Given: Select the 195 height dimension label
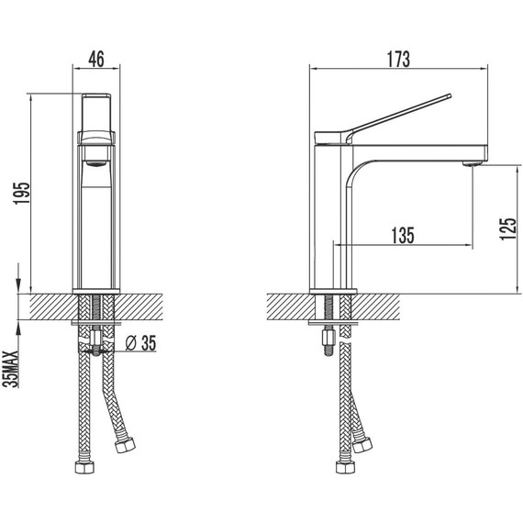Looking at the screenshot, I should pos(23,195).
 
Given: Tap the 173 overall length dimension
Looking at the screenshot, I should pos(396,59).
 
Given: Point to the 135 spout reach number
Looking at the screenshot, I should pos(402,235).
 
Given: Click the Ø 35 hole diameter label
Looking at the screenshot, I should pos(140,343).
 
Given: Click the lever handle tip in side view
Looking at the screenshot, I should pos(449,94).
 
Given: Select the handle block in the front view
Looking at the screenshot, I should pos(96,114).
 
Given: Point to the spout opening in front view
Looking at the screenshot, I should pos(95,161).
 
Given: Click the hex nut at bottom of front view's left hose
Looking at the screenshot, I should pos(83,467).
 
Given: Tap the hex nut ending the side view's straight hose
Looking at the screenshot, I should pos(345,467).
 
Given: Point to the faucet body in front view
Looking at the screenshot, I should pos(96,229).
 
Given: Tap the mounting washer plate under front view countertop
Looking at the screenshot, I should pos(96,323).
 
